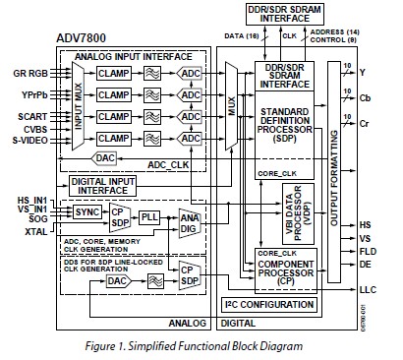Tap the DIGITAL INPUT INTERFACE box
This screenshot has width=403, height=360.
coord(101,185)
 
